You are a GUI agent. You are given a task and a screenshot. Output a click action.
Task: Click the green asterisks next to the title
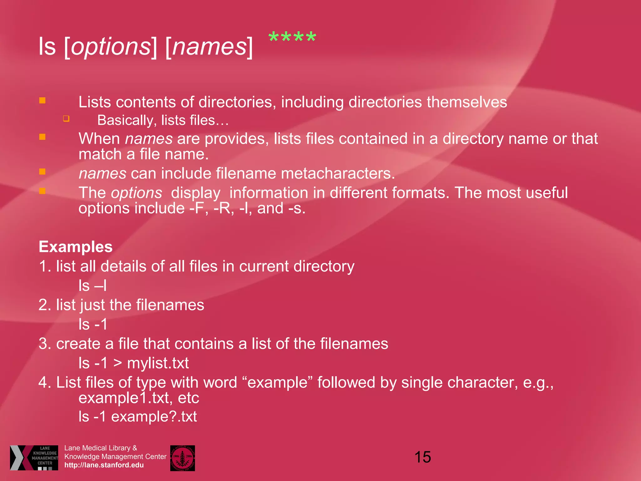tap(292, 38)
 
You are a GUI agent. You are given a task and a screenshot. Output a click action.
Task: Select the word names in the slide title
tap(209, 46)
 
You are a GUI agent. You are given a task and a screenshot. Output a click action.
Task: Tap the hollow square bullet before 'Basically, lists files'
tap(66, 119)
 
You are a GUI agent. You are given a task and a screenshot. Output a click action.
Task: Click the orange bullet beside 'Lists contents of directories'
tap(42, 100)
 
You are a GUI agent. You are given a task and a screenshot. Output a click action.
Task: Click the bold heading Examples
tap(75, 247)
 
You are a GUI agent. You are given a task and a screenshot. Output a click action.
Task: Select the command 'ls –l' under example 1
tap(93, 286)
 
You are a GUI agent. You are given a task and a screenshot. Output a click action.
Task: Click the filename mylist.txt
tap(158, 363)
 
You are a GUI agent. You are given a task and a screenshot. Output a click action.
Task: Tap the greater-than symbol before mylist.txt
tap(118, 363)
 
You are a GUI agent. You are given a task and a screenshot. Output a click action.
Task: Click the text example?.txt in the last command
tap(154, 416)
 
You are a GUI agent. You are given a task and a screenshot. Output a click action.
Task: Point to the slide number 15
tap(423, 457)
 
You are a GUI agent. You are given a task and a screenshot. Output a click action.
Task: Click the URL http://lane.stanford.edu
tap(104, 465)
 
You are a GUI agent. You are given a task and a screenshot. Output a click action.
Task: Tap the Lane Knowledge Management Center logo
tap(34, 458)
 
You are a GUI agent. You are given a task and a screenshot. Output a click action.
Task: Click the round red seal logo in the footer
tap(182, 458)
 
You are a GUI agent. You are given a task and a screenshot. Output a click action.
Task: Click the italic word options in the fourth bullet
tap(136, 193)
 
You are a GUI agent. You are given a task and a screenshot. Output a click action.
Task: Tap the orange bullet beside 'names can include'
tap(42, 172)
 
